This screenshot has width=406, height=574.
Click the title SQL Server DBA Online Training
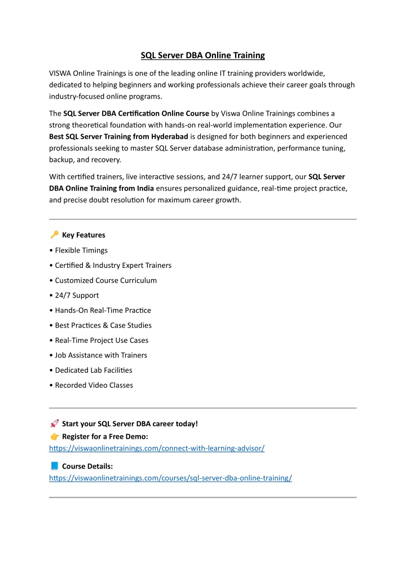pos(202,55)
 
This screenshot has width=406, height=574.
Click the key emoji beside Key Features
pos(54,235)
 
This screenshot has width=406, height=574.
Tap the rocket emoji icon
pos(54,423)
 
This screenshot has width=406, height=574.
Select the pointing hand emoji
pos(54,436)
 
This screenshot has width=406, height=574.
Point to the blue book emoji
pos(54,466)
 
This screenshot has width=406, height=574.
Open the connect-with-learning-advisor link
pos(157,448)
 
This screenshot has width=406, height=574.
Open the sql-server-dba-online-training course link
pos(170,478)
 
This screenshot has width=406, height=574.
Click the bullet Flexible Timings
pos(81,250)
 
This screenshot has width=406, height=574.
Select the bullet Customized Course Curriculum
pos(106,280)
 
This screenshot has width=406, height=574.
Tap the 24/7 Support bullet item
pos(77,295)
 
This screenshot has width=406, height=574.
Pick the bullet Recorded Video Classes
pos(94,385)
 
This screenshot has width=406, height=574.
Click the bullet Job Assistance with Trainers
pos(101,355)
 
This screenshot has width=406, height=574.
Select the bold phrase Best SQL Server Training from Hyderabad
pos(118,136)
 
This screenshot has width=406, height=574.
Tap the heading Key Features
pos(83,235)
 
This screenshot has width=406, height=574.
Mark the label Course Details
pos(87,466)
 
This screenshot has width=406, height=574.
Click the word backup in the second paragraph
pos(61,160)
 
